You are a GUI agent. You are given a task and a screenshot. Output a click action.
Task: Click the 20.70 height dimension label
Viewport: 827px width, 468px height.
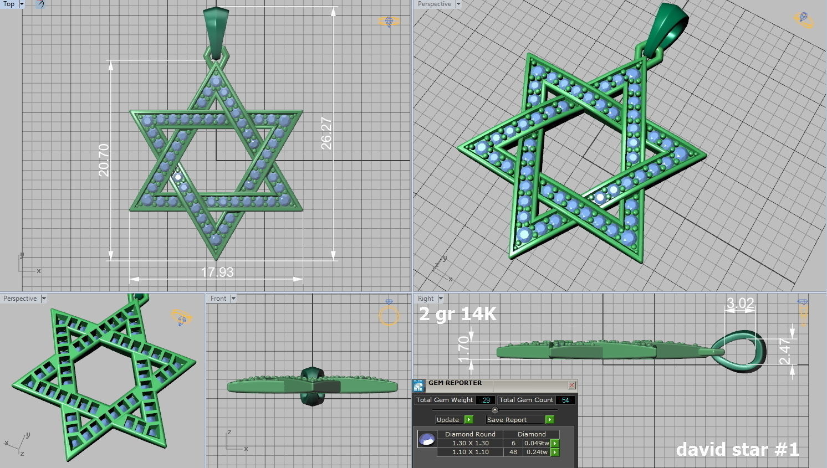[x=104, y=160]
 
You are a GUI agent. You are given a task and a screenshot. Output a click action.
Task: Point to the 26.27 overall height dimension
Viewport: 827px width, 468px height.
[x=326, y=133]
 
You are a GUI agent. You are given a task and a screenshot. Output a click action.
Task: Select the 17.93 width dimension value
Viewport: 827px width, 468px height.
[x=217, y=272]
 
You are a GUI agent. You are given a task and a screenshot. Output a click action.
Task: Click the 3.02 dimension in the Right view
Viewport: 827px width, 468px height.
[x=740, y=304]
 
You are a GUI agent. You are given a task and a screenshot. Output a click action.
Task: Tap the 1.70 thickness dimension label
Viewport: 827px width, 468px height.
[x=464, y=350]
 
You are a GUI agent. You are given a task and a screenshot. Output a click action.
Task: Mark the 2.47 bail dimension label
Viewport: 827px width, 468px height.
[x=785, y=351]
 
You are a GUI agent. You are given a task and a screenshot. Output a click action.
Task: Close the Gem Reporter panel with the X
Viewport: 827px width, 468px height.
[x=571, y=385]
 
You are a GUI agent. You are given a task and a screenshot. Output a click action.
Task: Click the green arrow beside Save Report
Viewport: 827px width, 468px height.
[x=549, y=420]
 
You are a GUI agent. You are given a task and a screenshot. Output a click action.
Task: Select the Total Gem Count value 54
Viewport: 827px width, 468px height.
[x=565, y=400]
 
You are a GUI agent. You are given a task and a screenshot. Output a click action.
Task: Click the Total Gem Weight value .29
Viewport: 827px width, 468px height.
[x=486, y=400]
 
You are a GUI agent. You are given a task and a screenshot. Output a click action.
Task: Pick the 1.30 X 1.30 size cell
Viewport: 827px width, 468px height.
[x=470, y=443]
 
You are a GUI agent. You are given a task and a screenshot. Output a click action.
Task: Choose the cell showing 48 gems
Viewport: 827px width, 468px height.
[x=513, y=452]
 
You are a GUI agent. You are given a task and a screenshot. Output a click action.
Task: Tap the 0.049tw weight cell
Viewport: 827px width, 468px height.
[x=537, y=443]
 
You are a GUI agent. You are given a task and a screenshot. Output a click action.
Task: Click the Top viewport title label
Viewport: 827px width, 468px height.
[x=9, y=4]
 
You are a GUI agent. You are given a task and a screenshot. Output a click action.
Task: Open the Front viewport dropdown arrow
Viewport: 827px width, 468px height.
[x=233, y=299]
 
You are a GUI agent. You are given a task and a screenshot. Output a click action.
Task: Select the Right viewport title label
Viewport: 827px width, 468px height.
[x=426, y=299]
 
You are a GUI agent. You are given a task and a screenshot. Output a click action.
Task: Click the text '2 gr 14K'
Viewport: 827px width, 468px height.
[x=458, y=314]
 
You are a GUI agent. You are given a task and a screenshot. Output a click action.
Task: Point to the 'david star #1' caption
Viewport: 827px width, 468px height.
[x=737, y=449]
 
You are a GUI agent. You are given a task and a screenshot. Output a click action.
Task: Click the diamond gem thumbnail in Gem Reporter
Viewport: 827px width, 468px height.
[x=427, y=440]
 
